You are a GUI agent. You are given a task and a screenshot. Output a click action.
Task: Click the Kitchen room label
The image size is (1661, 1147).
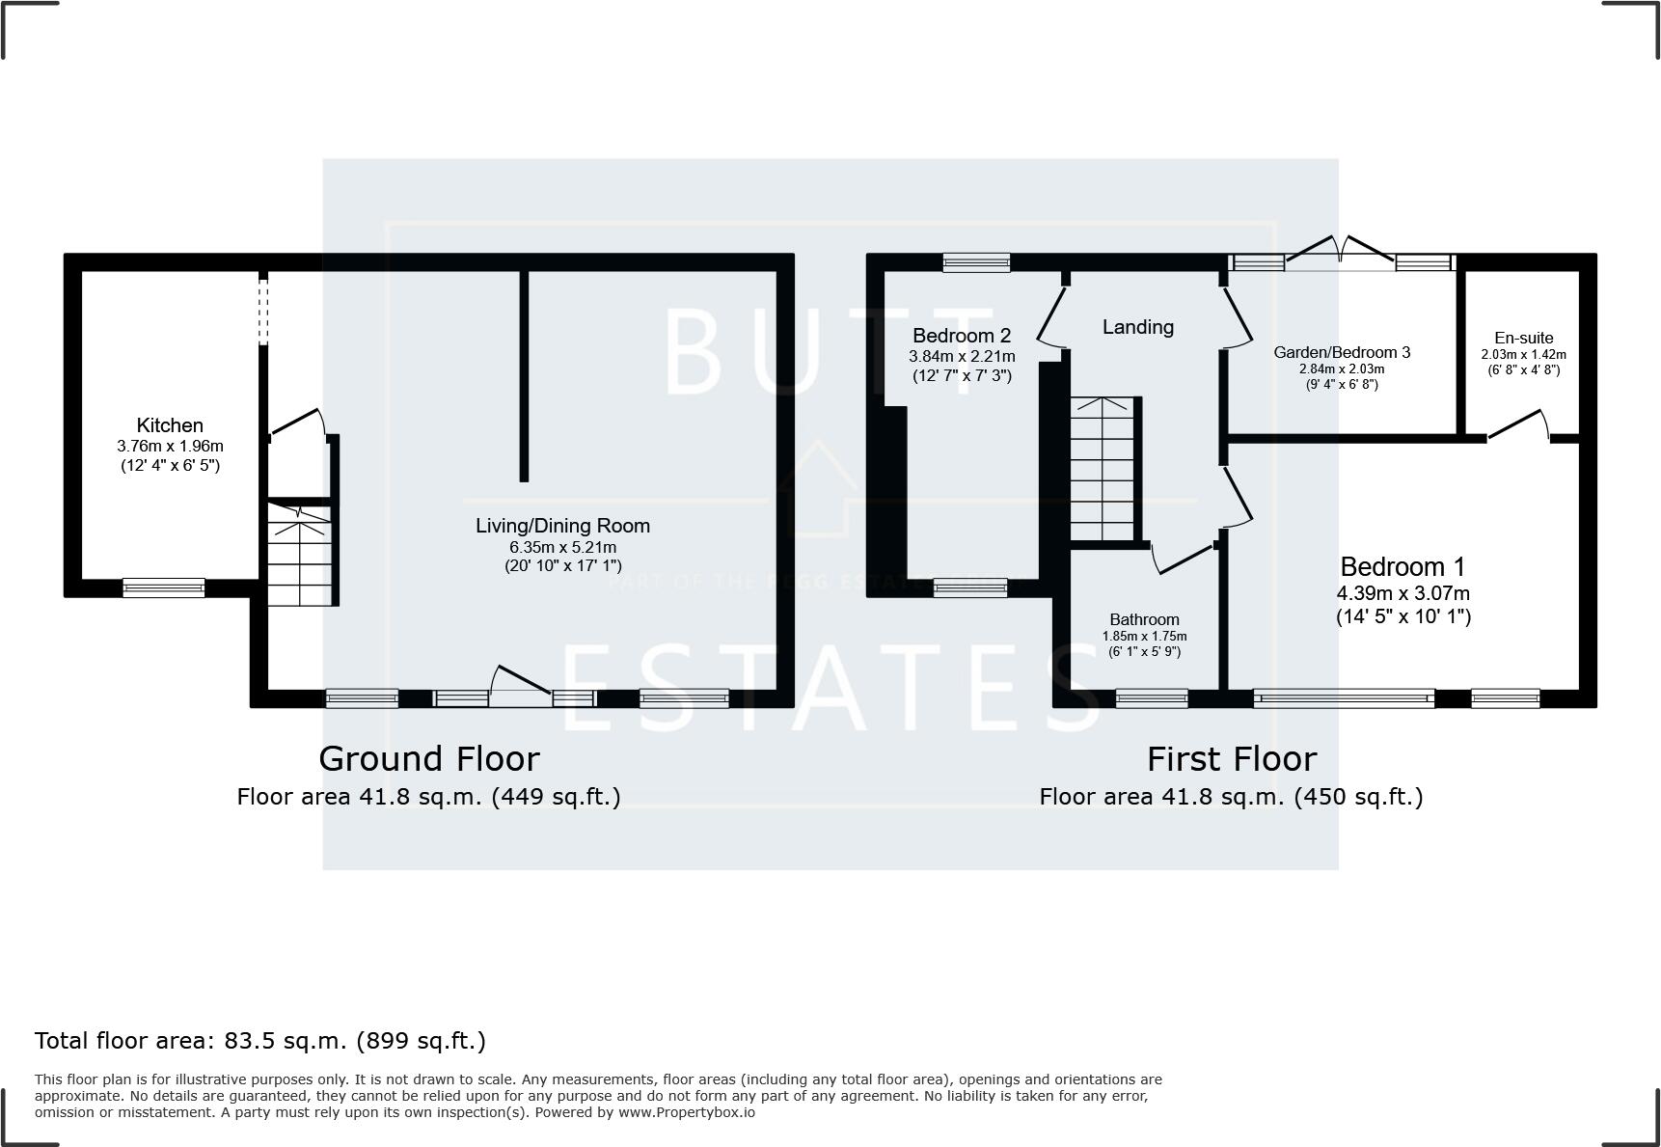(x=170, y=425)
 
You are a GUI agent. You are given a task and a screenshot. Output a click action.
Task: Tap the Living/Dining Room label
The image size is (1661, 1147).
(x=562, y=526)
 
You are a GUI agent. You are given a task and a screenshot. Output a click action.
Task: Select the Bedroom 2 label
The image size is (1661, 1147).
(x=961, y=336)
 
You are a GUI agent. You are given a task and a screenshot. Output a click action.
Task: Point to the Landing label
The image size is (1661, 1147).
(x=1137, y=327)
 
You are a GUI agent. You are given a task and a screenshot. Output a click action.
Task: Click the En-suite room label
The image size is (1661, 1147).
(x=1523, y=338)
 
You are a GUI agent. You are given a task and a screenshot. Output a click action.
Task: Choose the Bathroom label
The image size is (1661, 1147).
(x=1144, y=619)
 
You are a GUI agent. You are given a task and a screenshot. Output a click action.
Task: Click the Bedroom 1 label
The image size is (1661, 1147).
(x=1402, y=566)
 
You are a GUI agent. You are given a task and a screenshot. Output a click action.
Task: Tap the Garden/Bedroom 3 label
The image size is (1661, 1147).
(x=1341, y=352)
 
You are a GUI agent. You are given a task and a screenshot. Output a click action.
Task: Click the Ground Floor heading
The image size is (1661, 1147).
(x=428, y=758)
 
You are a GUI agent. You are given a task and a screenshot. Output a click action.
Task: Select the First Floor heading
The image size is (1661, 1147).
(x=1231, y=759)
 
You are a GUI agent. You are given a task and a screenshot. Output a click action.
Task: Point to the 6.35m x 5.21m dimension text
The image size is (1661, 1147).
(x=562, y=547)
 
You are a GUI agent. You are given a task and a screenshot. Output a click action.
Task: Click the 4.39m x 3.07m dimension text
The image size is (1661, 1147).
(x=1402, y=593)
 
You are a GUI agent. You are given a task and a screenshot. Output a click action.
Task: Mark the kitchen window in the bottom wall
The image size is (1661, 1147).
(x=163, y=587)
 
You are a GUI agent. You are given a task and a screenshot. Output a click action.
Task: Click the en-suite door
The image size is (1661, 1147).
(x=1518, y=425)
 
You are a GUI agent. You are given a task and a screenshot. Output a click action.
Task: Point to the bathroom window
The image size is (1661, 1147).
(x=1151, y=698)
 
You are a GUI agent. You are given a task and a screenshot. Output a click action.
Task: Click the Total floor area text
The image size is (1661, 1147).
(x=260, y=1041)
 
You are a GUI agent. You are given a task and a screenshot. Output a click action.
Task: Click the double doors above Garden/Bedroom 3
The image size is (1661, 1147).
(x=1340, y=250)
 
